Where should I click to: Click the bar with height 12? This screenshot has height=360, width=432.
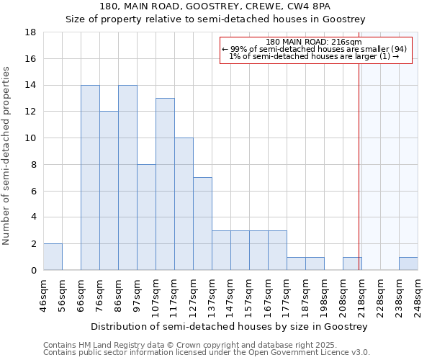(x=109, y=191)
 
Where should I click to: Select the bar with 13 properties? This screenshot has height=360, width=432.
(x=165, y=184)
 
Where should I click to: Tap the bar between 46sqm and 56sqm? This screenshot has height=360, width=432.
(x=53, y=257)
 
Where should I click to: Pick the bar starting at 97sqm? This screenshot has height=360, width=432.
(x=146, y=217)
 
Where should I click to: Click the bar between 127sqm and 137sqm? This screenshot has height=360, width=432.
(x=202, y=224)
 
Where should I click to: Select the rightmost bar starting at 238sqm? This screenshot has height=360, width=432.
(x=408, y=264)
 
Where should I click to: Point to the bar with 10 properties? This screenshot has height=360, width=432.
(x=184, y=204)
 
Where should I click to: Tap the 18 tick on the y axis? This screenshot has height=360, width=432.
(x=31, y=32)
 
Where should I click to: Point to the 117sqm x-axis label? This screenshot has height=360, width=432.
(x=175, y=294)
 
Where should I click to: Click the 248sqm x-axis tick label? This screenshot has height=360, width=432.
(x=418, y=294)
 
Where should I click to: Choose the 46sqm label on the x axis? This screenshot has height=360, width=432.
(x=44, y=294)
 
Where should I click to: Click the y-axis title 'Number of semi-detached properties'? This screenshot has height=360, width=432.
(x=7, y=156)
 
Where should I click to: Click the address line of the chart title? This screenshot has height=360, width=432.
(x=215, y=6)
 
